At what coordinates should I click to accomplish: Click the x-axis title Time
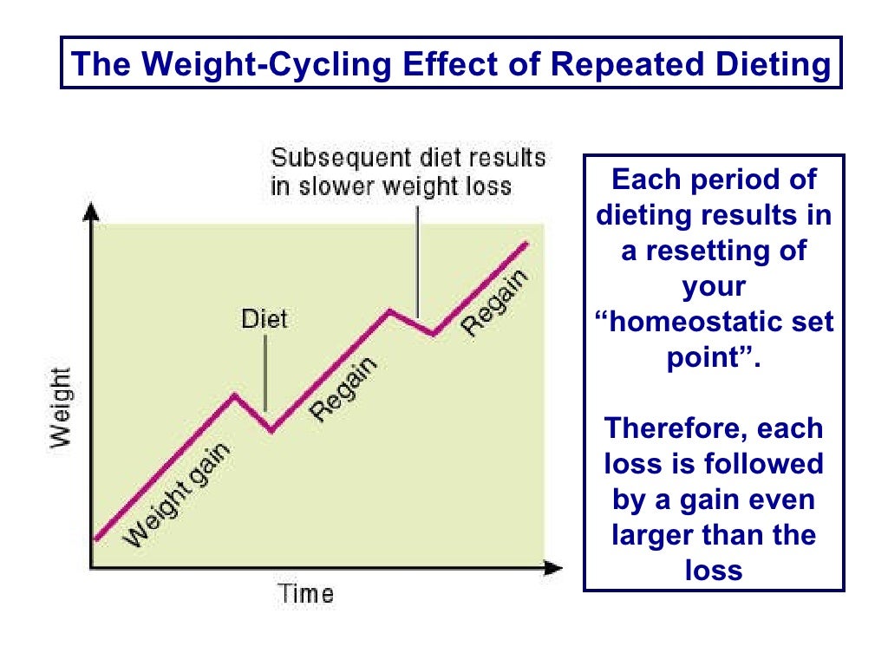click(305, 594)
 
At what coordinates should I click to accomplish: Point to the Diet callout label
click(264, 319)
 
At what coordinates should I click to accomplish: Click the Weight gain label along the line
click(178, 495)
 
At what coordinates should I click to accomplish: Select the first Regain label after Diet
click(346, 390)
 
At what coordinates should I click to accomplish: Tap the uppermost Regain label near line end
click(494, 303)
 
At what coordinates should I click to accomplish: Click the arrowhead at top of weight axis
click(92, 210)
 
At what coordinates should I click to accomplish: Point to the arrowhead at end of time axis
click(553, 569)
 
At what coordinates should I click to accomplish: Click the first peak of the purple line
click(234, 395)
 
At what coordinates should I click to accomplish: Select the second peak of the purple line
click(389, 309)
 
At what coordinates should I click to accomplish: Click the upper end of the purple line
click(526, 243)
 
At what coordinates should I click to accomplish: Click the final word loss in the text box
click(714, 571)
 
